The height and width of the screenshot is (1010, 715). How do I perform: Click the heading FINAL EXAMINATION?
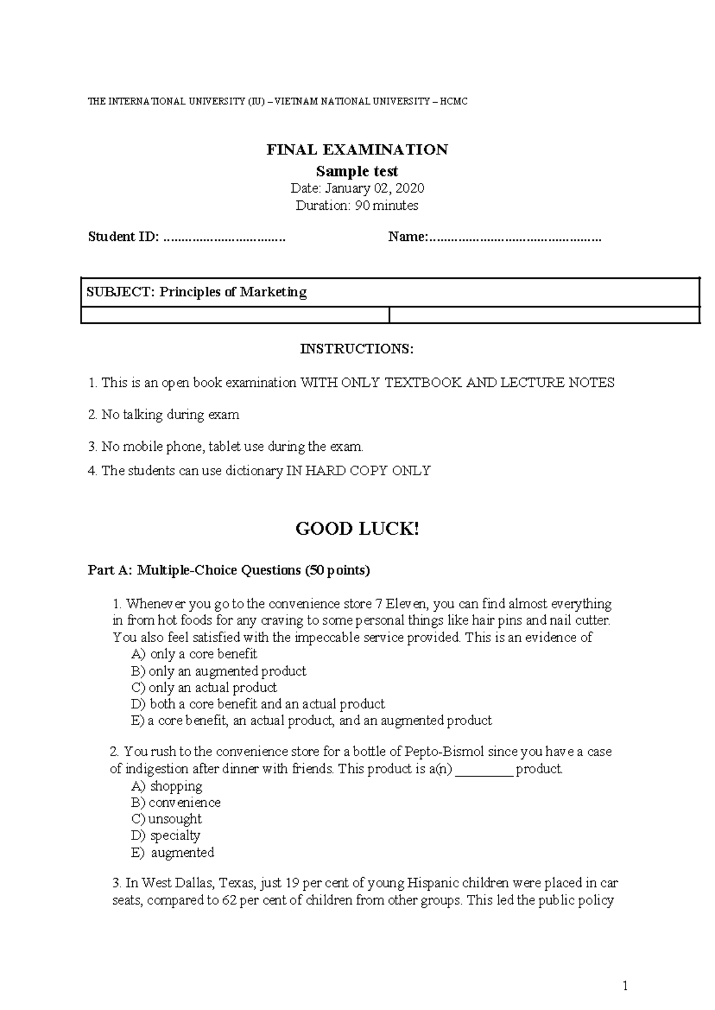[357, 150]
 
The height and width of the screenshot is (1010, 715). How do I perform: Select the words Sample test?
[357, 172]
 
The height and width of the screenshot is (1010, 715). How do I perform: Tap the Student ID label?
[123, 237]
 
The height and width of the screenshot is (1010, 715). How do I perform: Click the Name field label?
[408, 237]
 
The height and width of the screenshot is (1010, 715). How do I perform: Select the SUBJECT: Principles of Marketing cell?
[197, 292]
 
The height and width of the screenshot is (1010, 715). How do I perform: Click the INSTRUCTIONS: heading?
[356, 349]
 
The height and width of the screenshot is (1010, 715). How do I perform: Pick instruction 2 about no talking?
[164, 414]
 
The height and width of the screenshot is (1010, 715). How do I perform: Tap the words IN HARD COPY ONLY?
[359, 471]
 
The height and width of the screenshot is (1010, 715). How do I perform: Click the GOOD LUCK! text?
[357, 529]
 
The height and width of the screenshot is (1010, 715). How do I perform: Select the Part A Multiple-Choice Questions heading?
[229, 571]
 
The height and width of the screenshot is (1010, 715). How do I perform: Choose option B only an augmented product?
[218, 671]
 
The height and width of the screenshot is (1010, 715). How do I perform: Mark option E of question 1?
[312, 721]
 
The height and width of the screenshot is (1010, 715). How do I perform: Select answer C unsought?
[166, 819]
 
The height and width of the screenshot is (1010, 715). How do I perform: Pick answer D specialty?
[166, 835]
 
